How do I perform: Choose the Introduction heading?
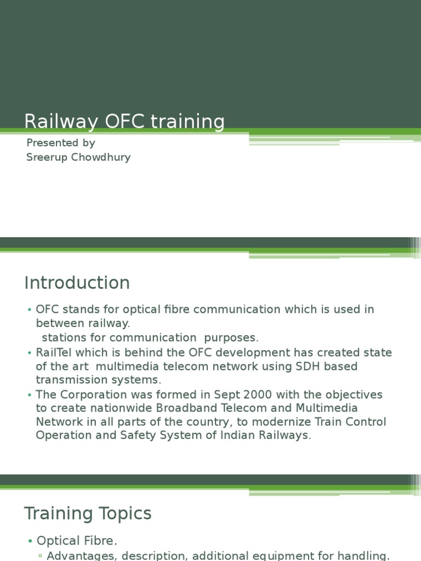[77, 283]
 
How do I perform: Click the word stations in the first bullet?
[61, 337]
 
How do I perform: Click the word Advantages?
[82, 556]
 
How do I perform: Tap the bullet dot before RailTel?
[29, 353]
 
